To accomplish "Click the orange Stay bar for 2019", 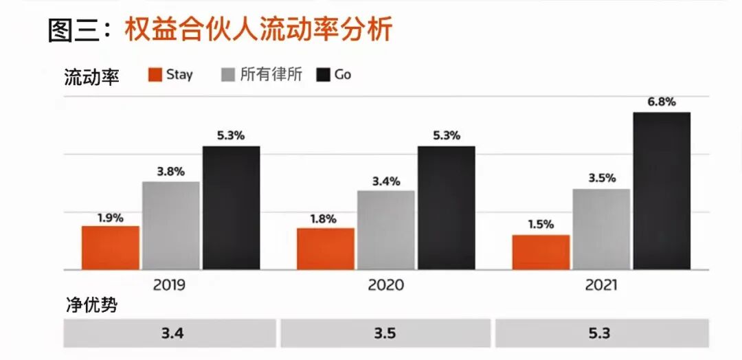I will pyautogui.click(x=111, y=247).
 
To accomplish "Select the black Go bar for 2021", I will pyautogui.click(x=662, y=190).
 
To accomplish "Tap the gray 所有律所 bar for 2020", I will pyautogui.click(x=386, y=229).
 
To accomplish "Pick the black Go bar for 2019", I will pyautogui.click(x=231, y=207).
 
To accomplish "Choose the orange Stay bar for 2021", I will pyautogui.click(x=541, y=251).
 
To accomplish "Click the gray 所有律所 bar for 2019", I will pyautogui.click(x=171, y=225).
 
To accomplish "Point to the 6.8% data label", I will pyautogui.click(x=661, y=102).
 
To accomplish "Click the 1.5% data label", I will pyautogui.click(x=540, y=224).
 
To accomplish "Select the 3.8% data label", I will pyautogui.click(x=170, y=172).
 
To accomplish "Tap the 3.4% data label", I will pyautogui.click(x=385, y=181).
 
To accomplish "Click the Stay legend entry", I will pyautogui.click(x=170, y=75).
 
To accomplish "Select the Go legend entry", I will pyautogui.click(x=334, y=75).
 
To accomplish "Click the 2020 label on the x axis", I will pyautogui.click(x=385, y=284).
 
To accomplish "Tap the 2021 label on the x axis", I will pyautogui.click(x=601, y=284).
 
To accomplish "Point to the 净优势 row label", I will pyautogui.click(x=91, y=306).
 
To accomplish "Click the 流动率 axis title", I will pyautogui.click(x=91, y=77).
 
